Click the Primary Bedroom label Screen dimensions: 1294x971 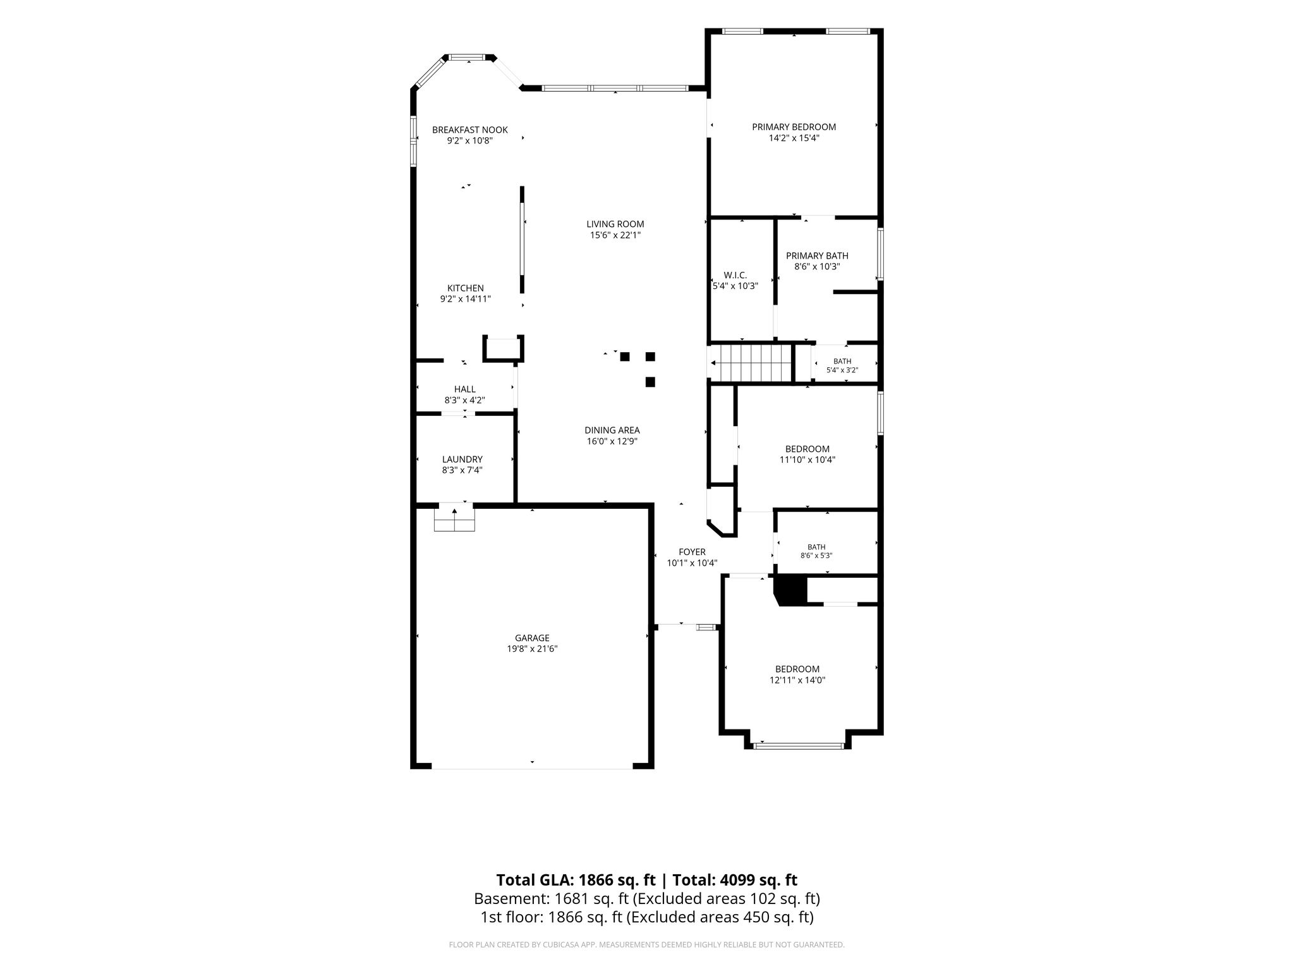[x=794, y=127]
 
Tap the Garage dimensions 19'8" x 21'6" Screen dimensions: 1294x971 [x=532, y=649]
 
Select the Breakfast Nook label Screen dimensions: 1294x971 [x=469, y=130]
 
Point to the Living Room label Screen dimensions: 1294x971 [x=615, y=224]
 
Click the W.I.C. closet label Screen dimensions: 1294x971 [x=735, y=276]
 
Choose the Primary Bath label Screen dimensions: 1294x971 [x=817, y=256]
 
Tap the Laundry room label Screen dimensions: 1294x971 [x=463, y=460]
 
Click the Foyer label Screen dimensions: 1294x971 [x=692, y=552]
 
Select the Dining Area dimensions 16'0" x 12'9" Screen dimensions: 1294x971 [x=612, y=441]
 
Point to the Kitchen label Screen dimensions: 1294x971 [x=466, y=288]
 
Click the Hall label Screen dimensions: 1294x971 [x=464, y=389]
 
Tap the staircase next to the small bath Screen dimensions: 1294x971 [x=752, y=363]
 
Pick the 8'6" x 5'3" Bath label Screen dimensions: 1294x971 [x=816, y=547]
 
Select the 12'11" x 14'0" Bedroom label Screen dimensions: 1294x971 [x=797, y=669]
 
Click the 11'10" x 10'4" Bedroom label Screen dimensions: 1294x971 [x=807, y=449]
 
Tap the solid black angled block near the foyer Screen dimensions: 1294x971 [x=790, y=590]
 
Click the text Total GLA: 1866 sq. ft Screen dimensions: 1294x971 [x=576, y=880]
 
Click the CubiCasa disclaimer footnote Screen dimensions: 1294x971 [x=646, y=945]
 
